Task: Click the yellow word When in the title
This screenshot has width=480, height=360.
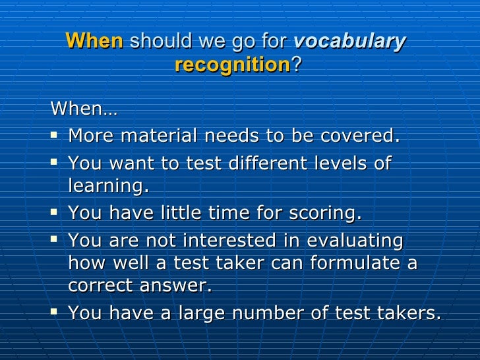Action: pos(94,41)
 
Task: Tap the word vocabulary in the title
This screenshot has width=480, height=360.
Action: pos(350,42)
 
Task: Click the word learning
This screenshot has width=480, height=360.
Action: pos(108,187)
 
